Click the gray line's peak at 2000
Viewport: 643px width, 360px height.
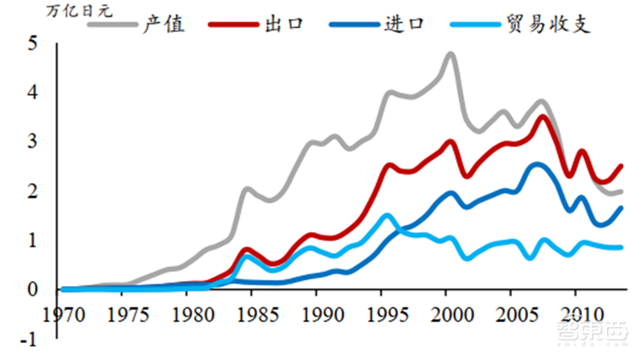click(449, 54)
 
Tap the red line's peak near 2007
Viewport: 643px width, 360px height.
click(543, 117)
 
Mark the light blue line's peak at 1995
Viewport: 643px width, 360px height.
click(387, 215)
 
